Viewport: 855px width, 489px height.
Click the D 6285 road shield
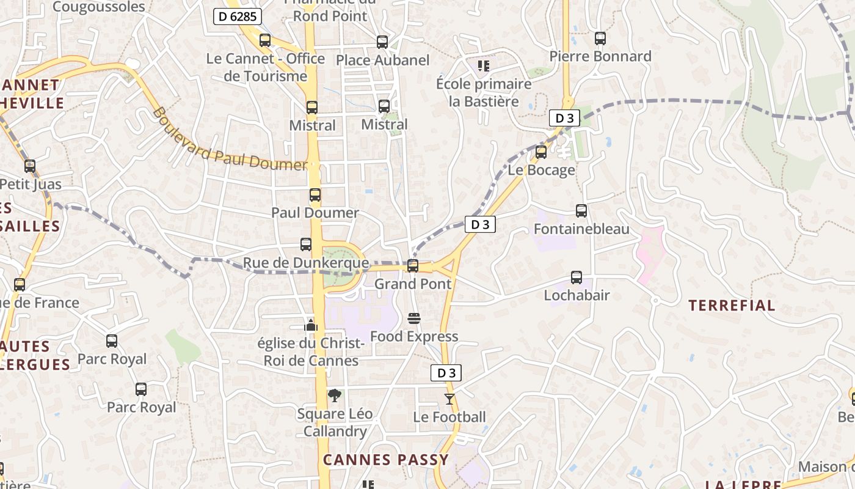point(237,17)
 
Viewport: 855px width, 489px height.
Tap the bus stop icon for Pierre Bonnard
point(600,39)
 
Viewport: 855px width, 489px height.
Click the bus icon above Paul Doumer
point(315,196)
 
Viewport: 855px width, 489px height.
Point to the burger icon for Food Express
point(414,318)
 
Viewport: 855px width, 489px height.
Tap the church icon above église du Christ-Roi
point(311,325)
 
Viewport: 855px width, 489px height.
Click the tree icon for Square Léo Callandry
point(335,396)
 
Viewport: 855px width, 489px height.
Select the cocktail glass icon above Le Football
point(449,399)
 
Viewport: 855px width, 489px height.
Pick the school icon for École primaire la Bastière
point(484,65)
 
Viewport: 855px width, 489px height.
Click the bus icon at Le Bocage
point(541,152)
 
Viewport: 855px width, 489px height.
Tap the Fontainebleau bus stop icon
point(581,211)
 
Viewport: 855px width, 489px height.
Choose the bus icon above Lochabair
point(577,278)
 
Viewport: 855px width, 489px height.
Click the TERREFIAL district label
point(732,306)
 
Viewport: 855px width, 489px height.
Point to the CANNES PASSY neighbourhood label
point(386,460)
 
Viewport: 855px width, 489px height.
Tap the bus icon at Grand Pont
point(413,266)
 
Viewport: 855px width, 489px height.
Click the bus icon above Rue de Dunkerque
point(306,244)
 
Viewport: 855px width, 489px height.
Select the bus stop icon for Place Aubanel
point(382,42)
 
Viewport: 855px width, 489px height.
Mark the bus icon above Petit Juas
point(30,166)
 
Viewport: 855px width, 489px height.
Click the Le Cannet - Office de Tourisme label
point(266,67)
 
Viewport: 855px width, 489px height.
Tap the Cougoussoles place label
point(99,7)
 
